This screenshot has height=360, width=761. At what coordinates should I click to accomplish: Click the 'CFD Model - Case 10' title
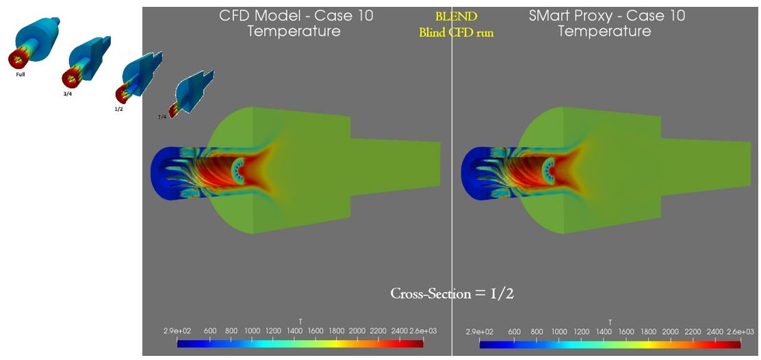click(296, 15)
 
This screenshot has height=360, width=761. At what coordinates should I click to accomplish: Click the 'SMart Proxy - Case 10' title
click(606, 15)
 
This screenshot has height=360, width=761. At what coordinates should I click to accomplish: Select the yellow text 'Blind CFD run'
click(456, 32)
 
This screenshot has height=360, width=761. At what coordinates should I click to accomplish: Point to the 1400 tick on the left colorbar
click(294, 331)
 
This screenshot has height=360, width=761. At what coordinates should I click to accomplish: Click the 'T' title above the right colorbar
click(610, 321)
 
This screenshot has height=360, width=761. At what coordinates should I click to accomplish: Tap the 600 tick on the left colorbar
click(210, 331)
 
